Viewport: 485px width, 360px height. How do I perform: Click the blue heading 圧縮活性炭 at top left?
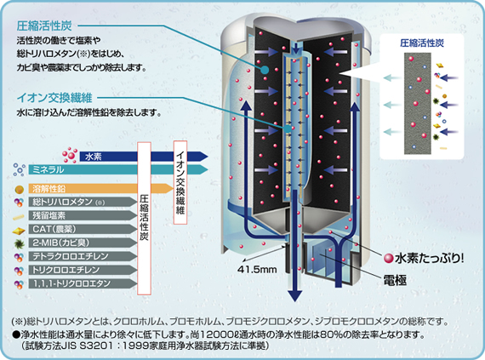44,26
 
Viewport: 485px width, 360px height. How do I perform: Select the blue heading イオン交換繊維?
54,98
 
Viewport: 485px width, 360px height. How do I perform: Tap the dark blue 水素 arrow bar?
144,157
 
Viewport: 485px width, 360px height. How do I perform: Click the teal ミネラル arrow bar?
118,169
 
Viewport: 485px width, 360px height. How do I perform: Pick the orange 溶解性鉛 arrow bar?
101,188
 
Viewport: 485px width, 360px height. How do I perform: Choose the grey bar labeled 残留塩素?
83,215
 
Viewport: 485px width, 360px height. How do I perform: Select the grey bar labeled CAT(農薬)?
83,229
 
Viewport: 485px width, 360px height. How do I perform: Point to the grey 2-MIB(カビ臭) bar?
83,243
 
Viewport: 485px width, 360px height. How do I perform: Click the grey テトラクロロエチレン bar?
83,256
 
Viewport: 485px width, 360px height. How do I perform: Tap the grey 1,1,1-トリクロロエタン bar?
83,283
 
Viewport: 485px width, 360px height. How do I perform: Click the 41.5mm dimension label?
257,270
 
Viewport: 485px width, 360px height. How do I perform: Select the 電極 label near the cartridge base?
395,280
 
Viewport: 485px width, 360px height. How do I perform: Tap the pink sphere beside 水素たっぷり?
389,259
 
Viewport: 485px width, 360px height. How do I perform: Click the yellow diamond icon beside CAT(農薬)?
19,231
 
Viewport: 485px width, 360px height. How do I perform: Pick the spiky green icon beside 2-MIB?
20,243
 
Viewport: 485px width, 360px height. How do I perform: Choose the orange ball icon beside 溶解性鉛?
20,189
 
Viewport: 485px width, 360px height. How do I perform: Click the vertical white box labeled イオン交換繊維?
180,182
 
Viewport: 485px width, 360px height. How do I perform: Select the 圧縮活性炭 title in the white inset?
422,43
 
